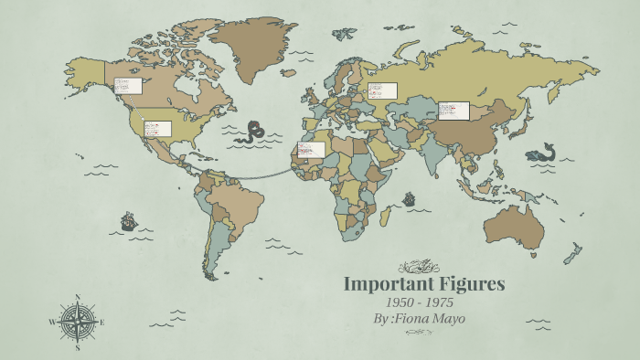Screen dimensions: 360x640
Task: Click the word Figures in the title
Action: click(472, 284)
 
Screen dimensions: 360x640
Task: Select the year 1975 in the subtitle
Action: click(437, 302)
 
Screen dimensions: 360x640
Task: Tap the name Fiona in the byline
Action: click(415, 319)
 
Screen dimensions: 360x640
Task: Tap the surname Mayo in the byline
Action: click(450, 319)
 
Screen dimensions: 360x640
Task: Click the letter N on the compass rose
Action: click(78, 297)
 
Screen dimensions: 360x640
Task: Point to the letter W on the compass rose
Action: click(53, 322)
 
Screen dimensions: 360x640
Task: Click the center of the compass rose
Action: click(78, 322)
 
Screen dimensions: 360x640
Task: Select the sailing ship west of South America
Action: click(128, 221)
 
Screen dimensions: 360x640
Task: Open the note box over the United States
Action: click(157, 128)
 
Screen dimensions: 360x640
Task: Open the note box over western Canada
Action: click(128, 86)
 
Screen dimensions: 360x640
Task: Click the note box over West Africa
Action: click(311, 149)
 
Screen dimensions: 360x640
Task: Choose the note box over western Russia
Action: click(382, 91)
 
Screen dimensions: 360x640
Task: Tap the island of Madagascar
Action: click(386, 216)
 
